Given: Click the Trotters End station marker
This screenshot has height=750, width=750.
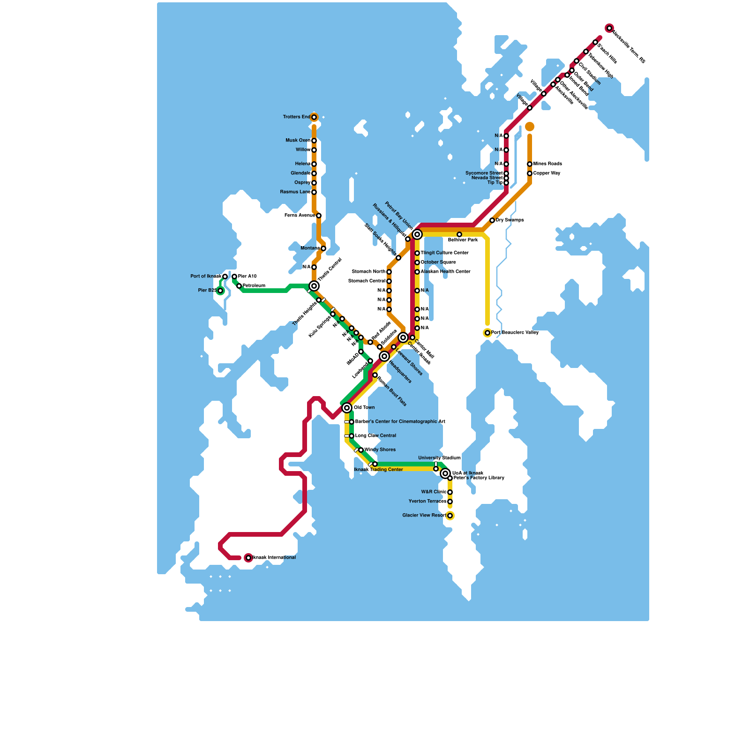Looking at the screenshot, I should click(314, 117).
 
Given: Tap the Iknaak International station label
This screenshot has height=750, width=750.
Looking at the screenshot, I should click(274, 558).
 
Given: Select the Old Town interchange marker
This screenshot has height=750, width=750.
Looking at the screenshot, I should click(347, 408).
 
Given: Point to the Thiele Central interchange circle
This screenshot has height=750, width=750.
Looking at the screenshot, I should click(314, 286).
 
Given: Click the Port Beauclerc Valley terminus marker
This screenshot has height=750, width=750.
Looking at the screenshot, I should click(487, 333).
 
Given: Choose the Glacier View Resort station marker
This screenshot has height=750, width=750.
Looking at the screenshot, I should click(450, 516).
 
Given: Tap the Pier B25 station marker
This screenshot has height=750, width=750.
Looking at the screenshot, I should click(220, 291).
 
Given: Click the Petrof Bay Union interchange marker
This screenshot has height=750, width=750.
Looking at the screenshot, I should click(417, 234).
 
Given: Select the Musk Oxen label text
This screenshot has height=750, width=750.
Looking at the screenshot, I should click(298, 141).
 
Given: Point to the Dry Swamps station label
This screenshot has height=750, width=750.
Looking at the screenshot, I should click(510, 220).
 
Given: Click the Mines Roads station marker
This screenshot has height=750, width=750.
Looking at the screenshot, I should click(530, 164).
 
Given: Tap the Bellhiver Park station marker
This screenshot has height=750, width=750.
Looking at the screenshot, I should click(459, 234).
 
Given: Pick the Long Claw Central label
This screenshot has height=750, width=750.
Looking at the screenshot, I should click(375, 436).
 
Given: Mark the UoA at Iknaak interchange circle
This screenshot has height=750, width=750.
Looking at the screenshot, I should click(445, 473).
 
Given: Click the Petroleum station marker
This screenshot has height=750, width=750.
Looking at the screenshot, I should click(239, 286).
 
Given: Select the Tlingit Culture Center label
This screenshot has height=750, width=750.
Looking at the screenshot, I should click(444, 253).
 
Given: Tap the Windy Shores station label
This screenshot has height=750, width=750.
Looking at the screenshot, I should click(380, 450).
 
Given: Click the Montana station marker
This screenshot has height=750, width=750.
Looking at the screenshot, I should click(323, 248).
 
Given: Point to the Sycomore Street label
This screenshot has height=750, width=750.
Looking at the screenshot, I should click(484, 173).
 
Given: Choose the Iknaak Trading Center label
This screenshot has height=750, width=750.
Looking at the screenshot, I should click(378, 470).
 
